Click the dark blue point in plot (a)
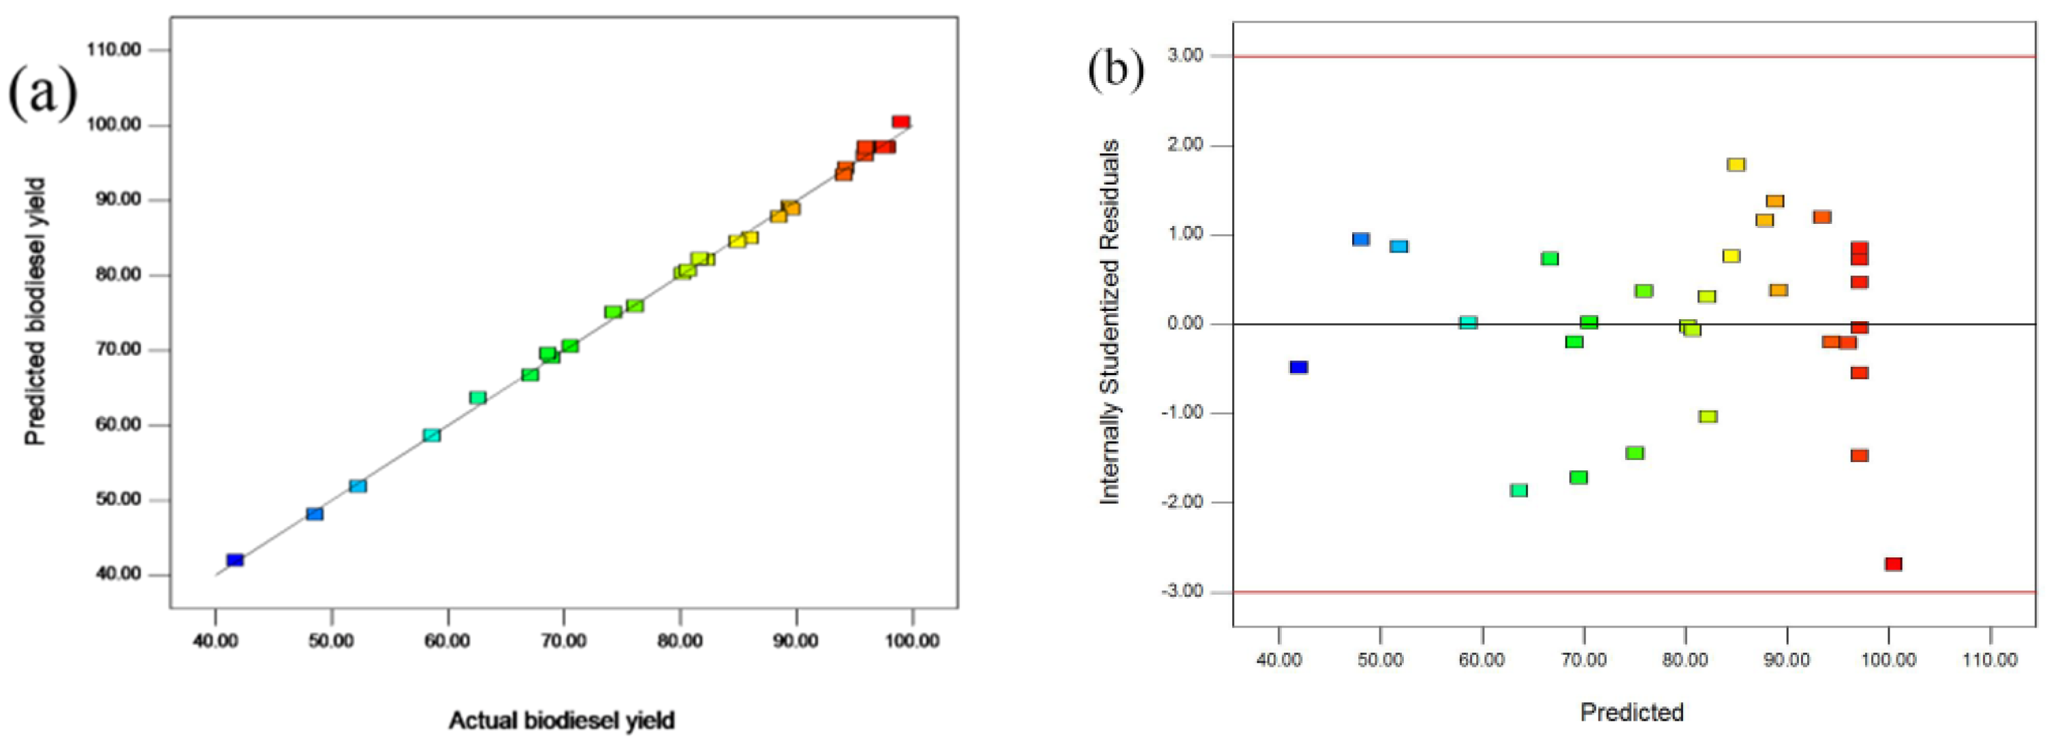click(235, 560)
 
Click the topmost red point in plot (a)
click(901, 122)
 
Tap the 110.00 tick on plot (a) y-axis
click(114, 50)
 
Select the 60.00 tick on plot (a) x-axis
click(447, 641)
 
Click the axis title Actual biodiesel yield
click(561, 720)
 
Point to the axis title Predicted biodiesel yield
click(36, 311)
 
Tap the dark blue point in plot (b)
click(1298, 367)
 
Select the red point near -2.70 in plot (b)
click(1894, 564)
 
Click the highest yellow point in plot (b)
click(1736, 165)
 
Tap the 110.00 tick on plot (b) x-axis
click(1990, 660)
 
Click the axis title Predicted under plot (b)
click(1631, 711)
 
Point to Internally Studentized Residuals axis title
click(1110, 323)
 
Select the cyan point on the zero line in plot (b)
click(1468, 323)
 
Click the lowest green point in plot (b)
click(1518, 490)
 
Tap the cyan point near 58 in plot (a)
click(432, 436)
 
